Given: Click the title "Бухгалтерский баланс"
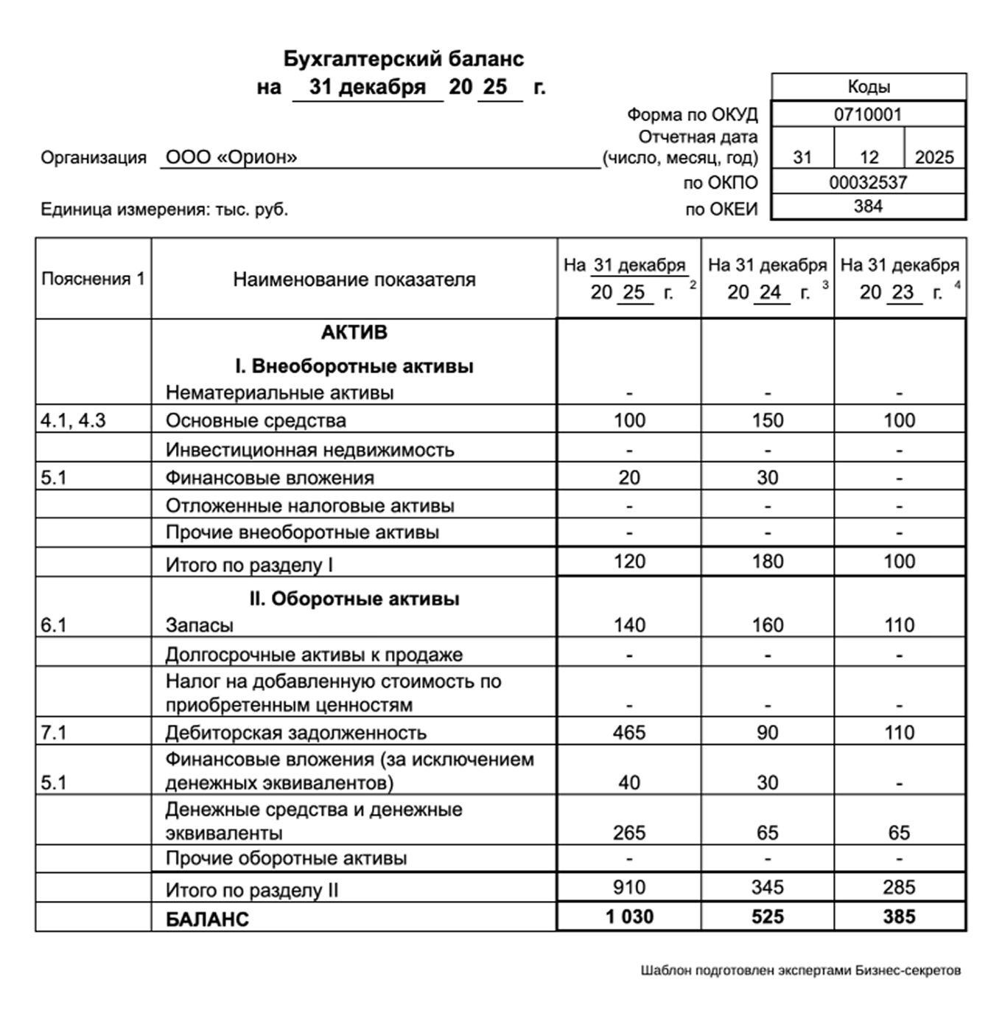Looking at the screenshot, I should [404, 59].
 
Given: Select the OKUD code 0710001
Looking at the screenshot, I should [867, 114].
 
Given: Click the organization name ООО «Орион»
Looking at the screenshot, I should [231, 157].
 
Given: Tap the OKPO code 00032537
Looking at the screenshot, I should [867, 182].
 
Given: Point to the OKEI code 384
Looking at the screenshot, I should [867, 206].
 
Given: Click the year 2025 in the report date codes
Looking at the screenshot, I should [933, 157].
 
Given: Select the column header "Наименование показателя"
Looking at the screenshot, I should [354, 279].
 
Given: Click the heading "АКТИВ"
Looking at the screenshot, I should [354, 333].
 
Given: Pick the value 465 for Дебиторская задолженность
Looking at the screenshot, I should [628, 732].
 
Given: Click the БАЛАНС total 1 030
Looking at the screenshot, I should [629, 916].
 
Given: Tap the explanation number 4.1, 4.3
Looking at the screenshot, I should [73, 420].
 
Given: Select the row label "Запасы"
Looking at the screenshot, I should [199, 625].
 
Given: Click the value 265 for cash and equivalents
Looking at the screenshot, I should [628, 832].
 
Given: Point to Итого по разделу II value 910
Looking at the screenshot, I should [628, 887].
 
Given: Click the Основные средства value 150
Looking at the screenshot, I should [767, 420].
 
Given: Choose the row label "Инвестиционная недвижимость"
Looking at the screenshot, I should [309, 450].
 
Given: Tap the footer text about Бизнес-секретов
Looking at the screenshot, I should [800, 970].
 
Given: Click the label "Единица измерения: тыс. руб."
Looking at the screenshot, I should [164, 209].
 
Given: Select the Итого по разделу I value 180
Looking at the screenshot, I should [767, 561].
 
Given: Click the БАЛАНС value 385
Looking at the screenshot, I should [899, 916].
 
